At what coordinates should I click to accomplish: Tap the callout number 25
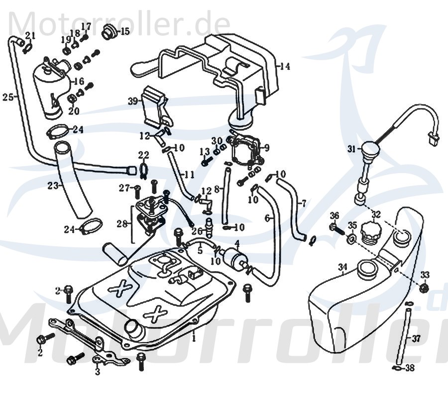point(7,97)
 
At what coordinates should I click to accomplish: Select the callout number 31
point(352,149)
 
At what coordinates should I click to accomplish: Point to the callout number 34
point(342,268)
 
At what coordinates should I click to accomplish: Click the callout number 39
point(132,101)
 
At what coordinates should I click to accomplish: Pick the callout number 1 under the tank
point(194,338)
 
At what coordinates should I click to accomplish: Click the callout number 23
point(53,186)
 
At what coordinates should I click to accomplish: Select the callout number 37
point(416,339)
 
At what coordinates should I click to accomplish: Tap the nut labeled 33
point(424,288)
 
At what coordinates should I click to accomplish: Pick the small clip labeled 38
point(396,369)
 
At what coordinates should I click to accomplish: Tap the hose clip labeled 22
point(143,169)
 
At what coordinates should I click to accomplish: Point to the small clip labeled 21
point(27,48)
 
